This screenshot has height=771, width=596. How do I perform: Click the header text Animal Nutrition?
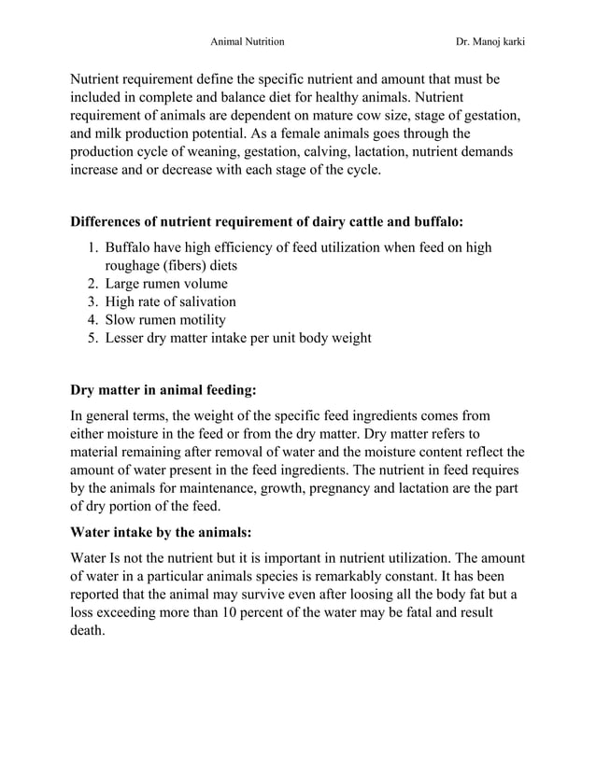(x=247, y=42)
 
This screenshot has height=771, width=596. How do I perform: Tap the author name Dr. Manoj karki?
(x=490, y=42)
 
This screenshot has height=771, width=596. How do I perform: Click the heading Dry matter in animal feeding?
(x=163, y=389)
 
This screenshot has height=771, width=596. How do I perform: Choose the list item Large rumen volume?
(x=166, y=284)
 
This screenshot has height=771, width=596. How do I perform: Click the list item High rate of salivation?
(x=170, y=301)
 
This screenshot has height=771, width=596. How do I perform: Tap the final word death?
(x=89, y=631)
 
